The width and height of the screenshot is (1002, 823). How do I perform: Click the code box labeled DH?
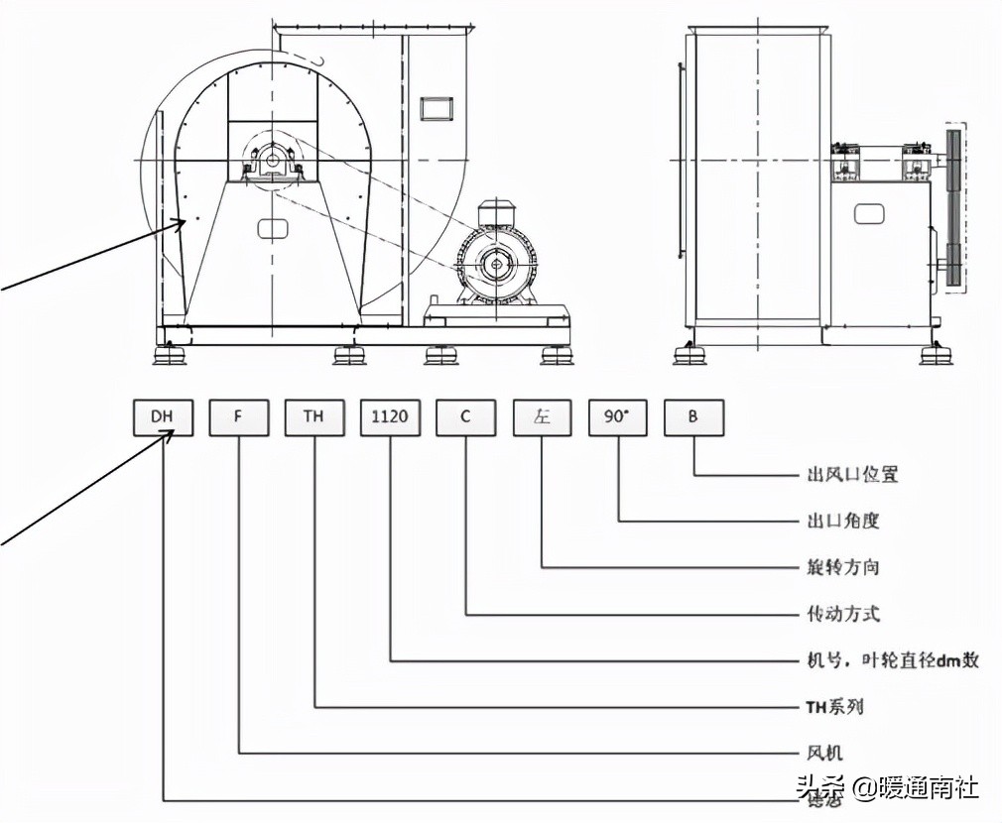pos(163,417)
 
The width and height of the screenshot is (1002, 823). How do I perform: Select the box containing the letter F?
pos(239,417)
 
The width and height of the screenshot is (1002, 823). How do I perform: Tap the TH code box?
pos(314,417)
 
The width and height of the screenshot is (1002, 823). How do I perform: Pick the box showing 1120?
pos(390,417)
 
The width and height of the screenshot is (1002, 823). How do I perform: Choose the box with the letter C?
pos(465,417)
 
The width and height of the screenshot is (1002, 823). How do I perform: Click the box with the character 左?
pos(542,417)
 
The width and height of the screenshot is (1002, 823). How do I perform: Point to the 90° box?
pos(617,417)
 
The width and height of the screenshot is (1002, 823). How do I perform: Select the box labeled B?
pos(692,417)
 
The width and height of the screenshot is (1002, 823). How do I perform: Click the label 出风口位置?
pos(852,475)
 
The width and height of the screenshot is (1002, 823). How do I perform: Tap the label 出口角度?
pos(842,521)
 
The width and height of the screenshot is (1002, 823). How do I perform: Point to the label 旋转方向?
pos(842,567)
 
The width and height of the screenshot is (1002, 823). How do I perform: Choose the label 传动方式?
pos(842,614)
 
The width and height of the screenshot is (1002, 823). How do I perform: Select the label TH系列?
pos(833,707)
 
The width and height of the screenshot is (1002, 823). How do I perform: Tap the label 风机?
pos(823,754)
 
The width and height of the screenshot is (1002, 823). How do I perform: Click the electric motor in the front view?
pos(496,263)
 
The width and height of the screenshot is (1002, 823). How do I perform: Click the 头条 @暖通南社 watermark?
pos(887,788)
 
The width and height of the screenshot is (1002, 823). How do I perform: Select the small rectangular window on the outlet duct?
pos(436,107)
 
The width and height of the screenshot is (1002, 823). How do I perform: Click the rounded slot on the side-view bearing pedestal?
pos(869,213)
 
